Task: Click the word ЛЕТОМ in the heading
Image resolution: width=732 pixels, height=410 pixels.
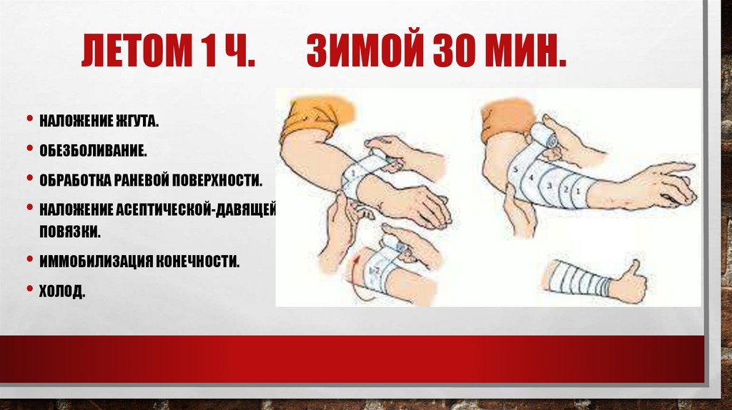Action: pyautogui.click(x=137, y=51)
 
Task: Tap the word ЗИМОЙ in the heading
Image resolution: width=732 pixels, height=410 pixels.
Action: pyautogui.click(x=365, y=51)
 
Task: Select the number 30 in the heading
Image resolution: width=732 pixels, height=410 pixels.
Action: pyautogui.click(x=454, y=51)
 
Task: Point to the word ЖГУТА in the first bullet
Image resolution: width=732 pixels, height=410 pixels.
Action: pyautogui.click(x=136, y=121)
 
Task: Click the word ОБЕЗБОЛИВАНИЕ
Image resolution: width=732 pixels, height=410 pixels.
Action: pyautogui.click(x=93, y=151)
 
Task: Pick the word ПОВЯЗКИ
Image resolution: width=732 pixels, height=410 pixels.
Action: pyautogui.click(x=69, y=232)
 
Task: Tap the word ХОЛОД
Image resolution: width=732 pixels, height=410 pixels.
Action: pyautogui.click(x=62, y=291)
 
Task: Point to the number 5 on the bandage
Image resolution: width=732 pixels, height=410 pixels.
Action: pyautogui.click(x=515, y=170)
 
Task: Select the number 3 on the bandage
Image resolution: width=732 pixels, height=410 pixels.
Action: pyautogui.click(x=550, y=186)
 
